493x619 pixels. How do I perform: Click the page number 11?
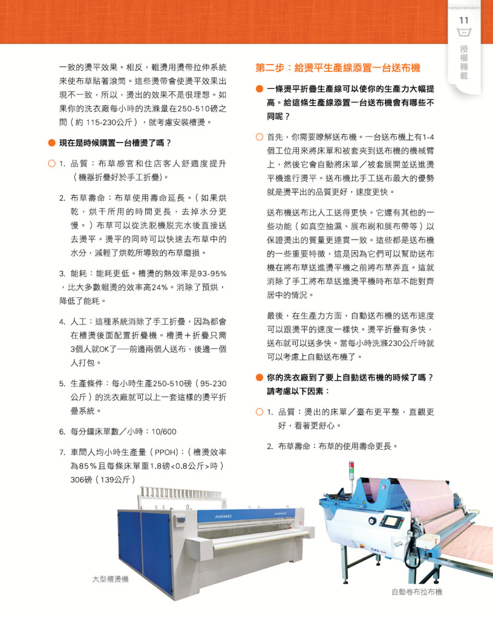(x=464, y=20)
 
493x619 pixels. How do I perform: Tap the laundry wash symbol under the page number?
(x=464, y=33)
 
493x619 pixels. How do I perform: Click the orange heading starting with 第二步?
(x=338, y=68)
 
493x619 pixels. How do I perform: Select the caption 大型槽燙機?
(x=110, y=579)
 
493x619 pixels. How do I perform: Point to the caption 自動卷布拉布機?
(x=417, y=592)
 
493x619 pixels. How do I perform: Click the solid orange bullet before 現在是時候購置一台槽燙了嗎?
(x=51, y=143)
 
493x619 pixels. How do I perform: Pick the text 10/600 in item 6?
(x=163, y=432)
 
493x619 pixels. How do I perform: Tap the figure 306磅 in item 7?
(x=81, y=480)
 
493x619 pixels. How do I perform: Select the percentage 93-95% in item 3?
(x=212, y=274)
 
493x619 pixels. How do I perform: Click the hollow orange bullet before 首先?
(x=260, y=137)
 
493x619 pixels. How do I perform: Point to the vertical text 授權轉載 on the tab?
(x=464, y=62)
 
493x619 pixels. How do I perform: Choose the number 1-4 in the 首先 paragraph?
(x=428, y=137)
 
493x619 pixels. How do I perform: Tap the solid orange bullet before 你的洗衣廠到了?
(x=260, y=378)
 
